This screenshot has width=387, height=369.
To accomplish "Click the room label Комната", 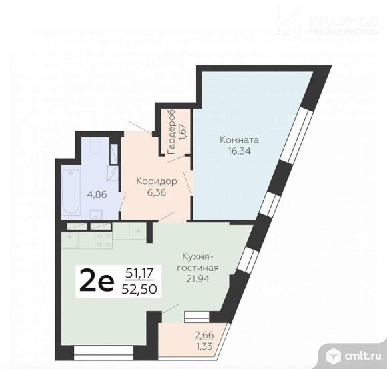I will [238, 140].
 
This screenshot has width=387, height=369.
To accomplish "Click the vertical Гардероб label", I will [171, 133].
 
